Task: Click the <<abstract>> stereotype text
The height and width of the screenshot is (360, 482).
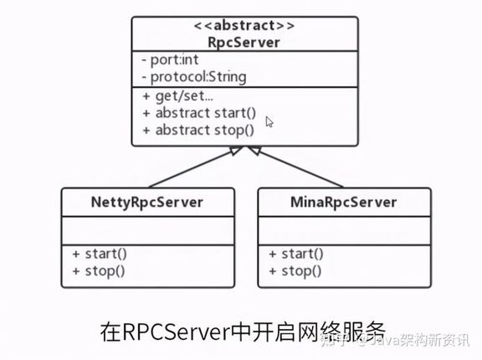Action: tap(244, 25)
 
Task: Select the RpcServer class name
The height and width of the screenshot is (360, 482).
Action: tap(244, 43)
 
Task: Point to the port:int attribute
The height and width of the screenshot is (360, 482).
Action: tap(170, 59)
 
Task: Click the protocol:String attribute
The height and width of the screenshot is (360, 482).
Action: tap(194, 77)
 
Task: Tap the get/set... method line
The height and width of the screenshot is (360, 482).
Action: tap(177, 96)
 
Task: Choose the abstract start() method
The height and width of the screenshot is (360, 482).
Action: tap(199, 113)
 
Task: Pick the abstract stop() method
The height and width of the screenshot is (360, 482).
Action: tap(198, 130)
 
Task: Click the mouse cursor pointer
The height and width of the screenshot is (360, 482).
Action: tap(269, 121)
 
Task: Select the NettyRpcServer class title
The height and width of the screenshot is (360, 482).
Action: tap(147, 203)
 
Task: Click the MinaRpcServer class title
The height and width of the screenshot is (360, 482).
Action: tap(344, 203)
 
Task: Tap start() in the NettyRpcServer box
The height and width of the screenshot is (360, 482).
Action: tap(100, 254)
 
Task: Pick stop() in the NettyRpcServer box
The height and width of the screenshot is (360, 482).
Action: tap(99, 271)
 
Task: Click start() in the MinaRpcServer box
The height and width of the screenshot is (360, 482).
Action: tap(296, 254)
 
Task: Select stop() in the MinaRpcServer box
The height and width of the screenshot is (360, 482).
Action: tap(295, 271)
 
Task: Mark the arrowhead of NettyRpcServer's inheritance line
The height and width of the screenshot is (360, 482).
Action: tap(236, 150)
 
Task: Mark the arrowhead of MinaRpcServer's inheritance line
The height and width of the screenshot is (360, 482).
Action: tap(254, 150)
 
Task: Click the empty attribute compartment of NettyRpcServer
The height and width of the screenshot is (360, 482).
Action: tap(148, 231)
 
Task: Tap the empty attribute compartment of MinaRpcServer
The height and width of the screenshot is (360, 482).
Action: tap(344, 231)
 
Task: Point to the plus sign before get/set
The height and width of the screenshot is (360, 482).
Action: tap(146, 96)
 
